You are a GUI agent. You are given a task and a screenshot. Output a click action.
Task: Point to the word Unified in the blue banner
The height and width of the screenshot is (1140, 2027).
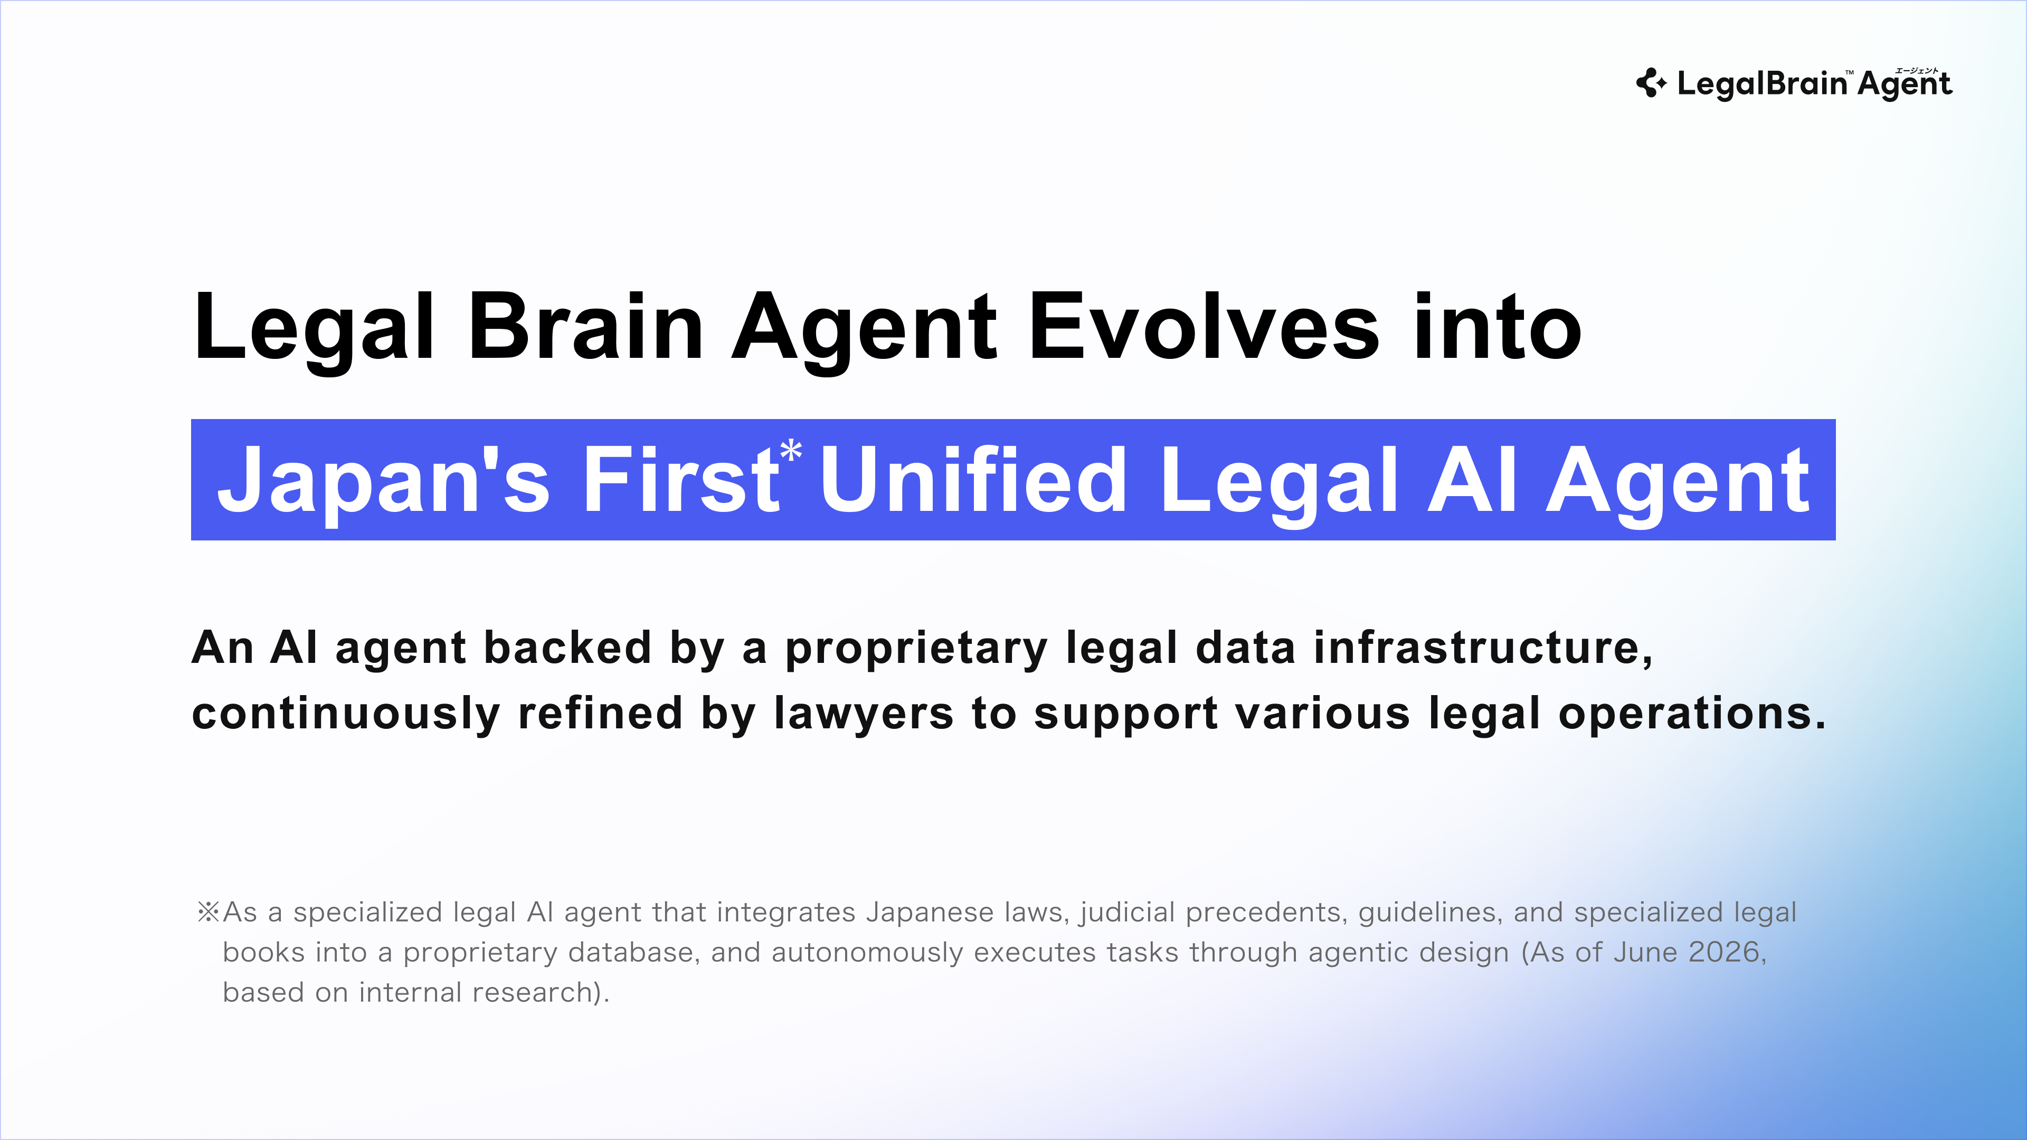click(973, 479)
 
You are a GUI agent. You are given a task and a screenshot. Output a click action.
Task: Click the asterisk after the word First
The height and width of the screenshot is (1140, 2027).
click(791, 452)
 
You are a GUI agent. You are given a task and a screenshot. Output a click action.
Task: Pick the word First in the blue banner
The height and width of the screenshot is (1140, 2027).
click(680, 479)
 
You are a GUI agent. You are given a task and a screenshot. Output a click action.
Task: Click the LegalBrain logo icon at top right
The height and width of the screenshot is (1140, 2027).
click(1651, 83)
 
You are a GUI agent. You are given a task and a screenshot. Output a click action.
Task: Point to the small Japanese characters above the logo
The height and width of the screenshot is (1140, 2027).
click(1916, 71)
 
